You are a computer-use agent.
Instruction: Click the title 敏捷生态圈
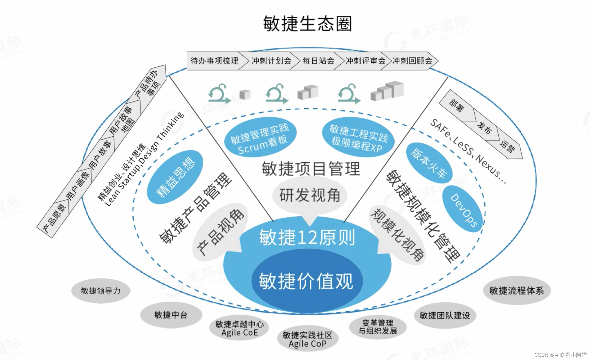(307, 23)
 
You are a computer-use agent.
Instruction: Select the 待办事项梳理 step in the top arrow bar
(214, 61)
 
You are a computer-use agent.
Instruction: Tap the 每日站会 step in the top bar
(318, 61)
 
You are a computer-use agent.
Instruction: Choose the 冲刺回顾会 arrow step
(412, 61)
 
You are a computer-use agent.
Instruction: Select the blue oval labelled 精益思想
(175, 177)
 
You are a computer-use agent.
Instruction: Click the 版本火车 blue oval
(429, 163)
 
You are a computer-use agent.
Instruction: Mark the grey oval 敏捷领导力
(101, 291)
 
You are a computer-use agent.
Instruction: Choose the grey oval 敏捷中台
(171, 315)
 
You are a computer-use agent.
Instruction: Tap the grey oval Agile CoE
(239, 328)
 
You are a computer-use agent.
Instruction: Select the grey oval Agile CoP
(307, 339)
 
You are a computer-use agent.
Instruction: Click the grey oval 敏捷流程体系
(517, 291)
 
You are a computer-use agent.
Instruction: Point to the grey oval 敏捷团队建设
(445, 316)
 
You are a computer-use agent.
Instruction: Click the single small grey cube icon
(245, 95)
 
